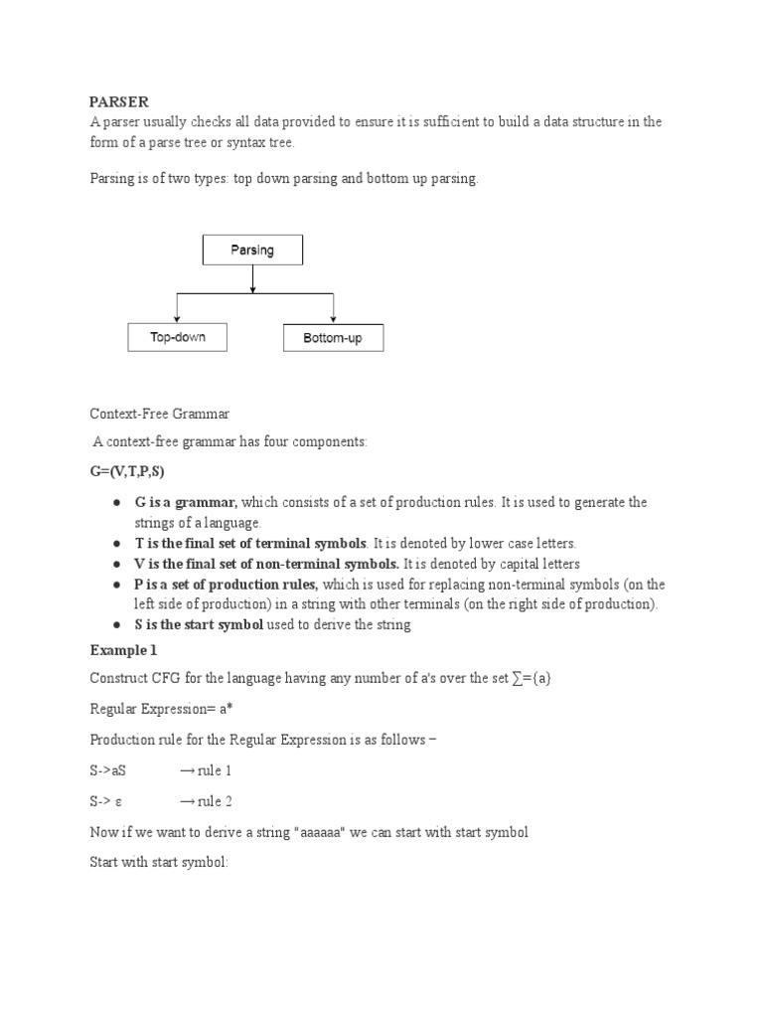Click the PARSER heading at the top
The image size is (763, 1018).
(118, 101)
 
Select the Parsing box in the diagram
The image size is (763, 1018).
(252, 250)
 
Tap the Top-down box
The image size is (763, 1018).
(177, 337)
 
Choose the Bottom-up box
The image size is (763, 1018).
(333, 338)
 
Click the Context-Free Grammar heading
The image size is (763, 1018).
(159, 413)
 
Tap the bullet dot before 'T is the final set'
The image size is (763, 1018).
(117, 544)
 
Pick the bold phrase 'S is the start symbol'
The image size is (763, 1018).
(199, 625)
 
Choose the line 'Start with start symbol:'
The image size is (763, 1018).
(159, 862)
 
